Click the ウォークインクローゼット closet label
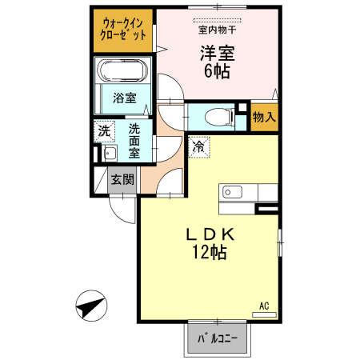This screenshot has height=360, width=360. [123, 30]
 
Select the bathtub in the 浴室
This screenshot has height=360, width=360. [123, 73]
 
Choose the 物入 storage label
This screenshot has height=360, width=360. [265, 117]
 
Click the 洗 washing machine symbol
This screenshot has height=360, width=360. [104, 130]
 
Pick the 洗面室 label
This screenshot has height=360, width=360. [134, 140]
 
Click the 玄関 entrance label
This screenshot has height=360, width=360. [122, 179]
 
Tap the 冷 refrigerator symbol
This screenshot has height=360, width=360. [200, 146]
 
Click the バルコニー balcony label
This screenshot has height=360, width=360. [218, 338]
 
